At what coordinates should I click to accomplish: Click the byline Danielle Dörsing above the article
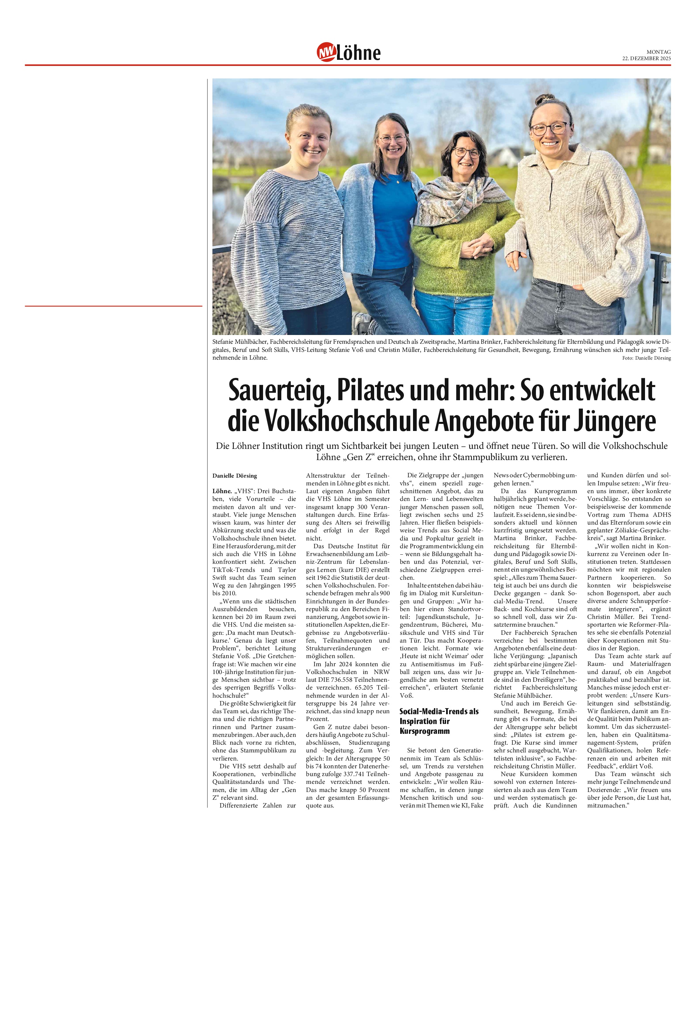pos(234,476)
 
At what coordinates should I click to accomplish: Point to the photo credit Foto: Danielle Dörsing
pos(646,358)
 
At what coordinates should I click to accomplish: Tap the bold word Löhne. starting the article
pos(222,491)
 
